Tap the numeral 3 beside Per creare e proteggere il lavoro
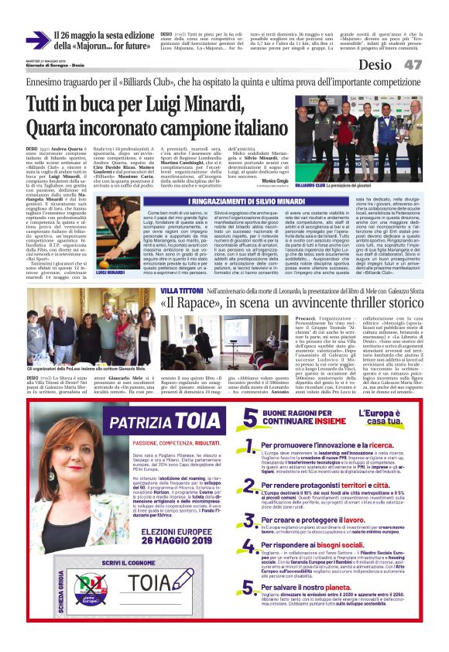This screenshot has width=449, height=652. coord(250,526)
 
